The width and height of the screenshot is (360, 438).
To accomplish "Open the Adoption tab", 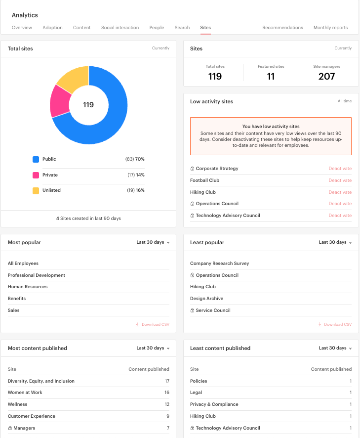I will (x=52, y=28).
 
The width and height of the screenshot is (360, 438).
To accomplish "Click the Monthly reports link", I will (x=330, y=28).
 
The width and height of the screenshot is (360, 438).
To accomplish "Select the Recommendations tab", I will (x=282, y=28).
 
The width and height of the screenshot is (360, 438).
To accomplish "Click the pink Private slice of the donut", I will (x=60, y=101).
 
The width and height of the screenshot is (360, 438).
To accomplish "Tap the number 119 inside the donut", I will (x=88, y=105).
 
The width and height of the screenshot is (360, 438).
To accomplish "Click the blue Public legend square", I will (x=36, y=159).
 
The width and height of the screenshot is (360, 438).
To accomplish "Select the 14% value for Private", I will (x=140, y=175).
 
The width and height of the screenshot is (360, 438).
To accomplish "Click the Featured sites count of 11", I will (x=271, y=76).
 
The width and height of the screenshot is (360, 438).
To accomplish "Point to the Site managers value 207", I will (x=326, y=76).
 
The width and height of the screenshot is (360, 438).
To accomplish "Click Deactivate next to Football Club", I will (x=340, y=180).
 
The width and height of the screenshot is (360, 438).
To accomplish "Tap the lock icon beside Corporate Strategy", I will (x=192, y=169).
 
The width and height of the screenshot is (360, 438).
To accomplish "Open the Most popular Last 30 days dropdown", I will (x=153, y=242).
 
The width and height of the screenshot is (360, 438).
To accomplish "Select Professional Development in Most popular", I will (x=37, y=275).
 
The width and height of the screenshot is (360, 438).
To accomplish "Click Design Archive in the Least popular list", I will (x=206, y=299).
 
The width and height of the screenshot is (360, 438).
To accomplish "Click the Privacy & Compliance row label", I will (x=214, y=404).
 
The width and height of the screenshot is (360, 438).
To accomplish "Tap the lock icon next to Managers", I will (x=10, y=428).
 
